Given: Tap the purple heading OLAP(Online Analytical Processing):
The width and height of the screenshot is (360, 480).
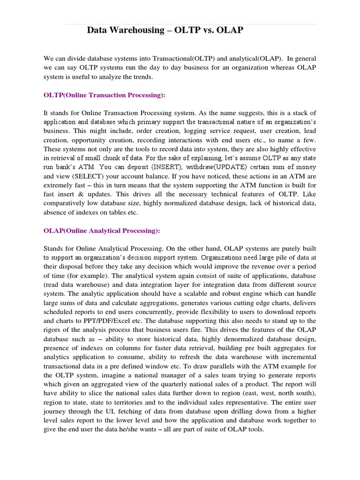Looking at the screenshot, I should pos(102,231).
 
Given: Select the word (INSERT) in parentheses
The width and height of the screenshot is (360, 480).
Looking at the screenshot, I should pos(165,167).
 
